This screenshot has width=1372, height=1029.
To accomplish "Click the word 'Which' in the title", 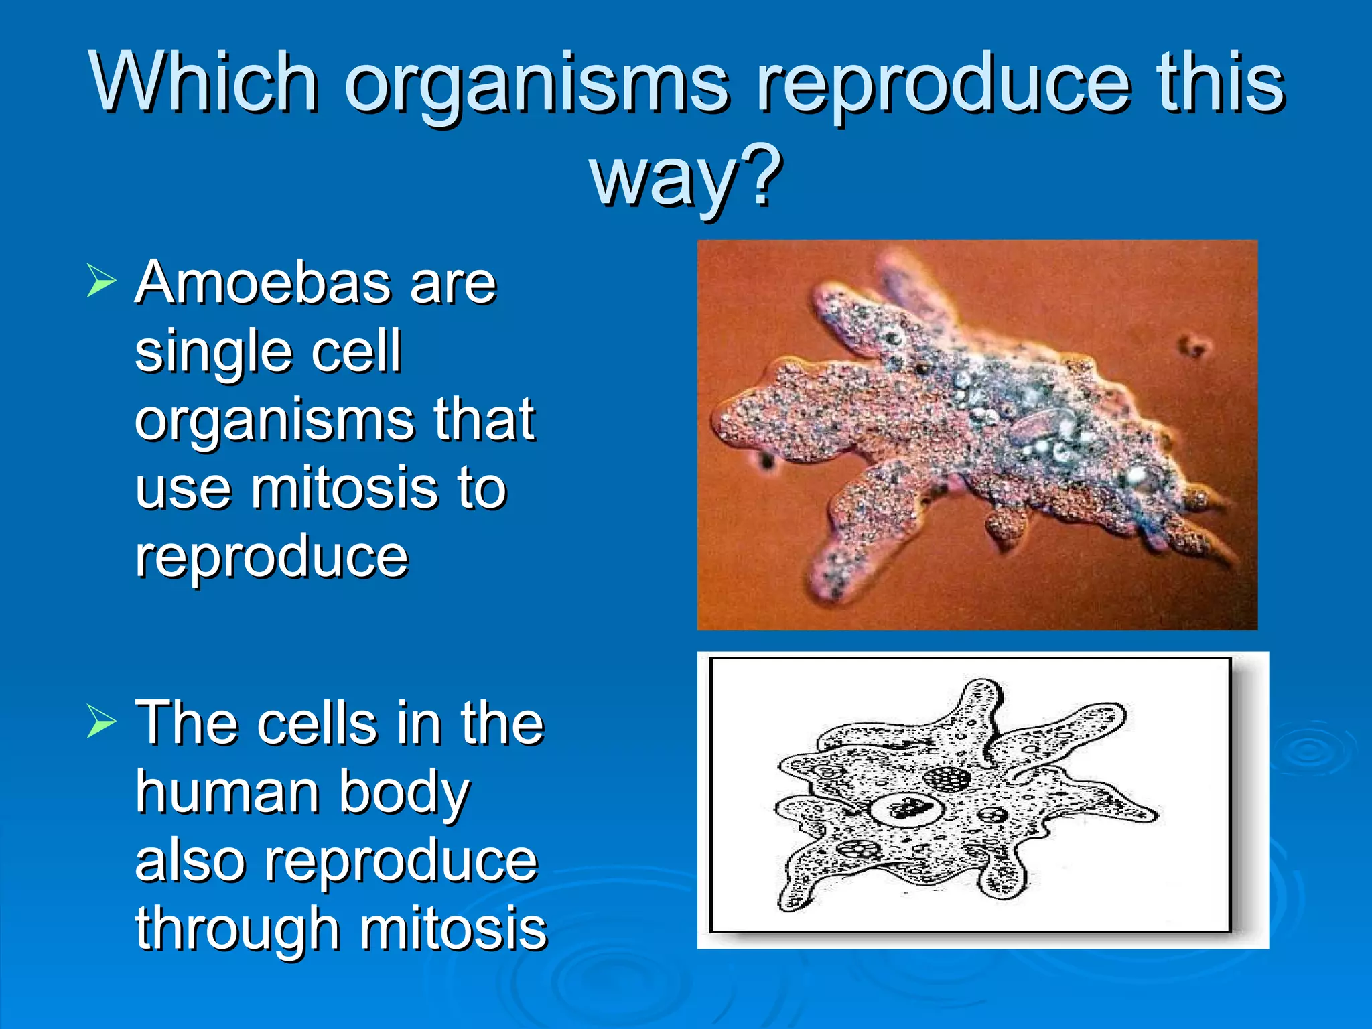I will click(x=204, y=82).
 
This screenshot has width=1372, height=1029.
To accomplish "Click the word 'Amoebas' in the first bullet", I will click(x=261, y=283).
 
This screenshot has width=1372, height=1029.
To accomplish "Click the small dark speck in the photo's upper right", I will click(x=1194, y=346).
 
